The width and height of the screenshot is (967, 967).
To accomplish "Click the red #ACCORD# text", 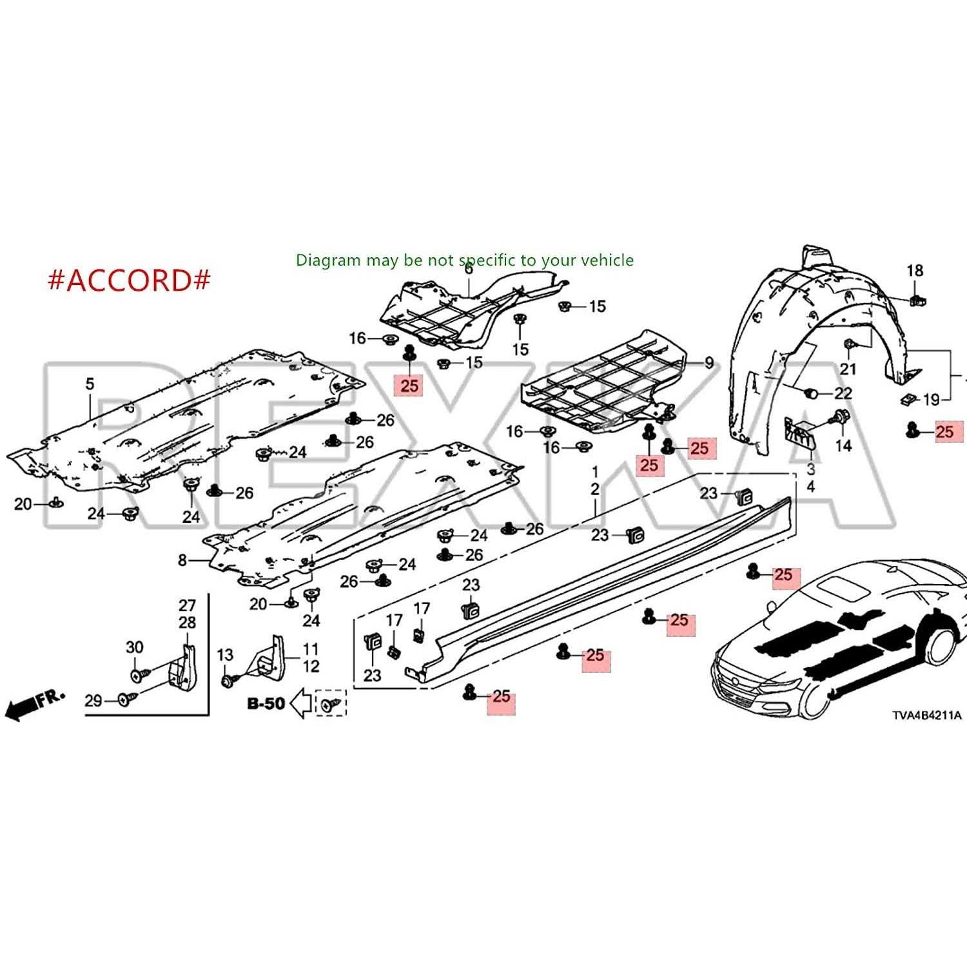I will [129, 280].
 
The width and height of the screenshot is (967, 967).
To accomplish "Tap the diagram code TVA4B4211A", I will [926, 715].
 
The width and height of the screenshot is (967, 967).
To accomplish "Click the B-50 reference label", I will [266, 703].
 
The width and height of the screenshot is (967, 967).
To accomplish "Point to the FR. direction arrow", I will [35, 705].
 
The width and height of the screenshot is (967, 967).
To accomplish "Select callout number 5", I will [90, 384].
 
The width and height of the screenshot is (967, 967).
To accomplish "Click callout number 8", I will [182, 560].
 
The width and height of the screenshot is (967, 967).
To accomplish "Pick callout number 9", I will [709, 363].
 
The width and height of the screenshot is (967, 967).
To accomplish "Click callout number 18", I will [915, 271].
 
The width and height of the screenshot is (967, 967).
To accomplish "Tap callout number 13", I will [224, 655].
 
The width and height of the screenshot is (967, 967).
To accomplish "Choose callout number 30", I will [134, 647].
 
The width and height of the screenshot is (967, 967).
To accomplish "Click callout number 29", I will [93, 700].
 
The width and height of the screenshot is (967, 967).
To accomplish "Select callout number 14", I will [843, 445].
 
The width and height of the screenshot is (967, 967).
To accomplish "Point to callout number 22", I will [843, 393].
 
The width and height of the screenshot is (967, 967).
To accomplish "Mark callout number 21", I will [848, 369].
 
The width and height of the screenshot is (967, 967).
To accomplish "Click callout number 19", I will [931, 400].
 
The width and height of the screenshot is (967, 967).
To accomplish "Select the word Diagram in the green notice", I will [328, 260].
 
